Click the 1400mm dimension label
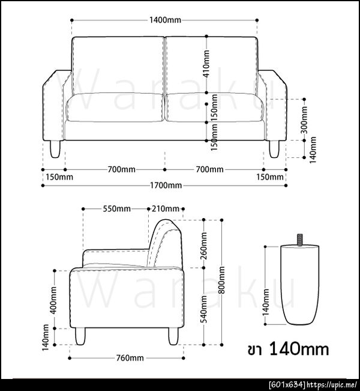tap(165, 20)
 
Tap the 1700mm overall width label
tap(166, 185)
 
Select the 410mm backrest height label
tap(206, 64)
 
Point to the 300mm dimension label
tap(304, 120)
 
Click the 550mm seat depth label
tap(117, 208)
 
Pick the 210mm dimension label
tap(166, 208)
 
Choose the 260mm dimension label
tap(204, 246)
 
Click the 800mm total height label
tap(222, 280)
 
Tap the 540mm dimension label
tap(204, 309)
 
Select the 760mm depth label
tap(130, 358)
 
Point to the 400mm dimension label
tap(53, 300)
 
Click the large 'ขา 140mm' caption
tap(288, 349)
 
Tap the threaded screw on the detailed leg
tap(300, 240)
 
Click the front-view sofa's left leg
tap(55, 149)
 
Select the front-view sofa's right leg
tap(274, 149)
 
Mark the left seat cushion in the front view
tap(115, 108)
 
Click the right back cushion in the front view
tap(211, 66)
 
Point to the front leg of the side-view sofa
tap(80, 336)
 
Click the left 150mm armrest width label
tap(59, 177)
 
